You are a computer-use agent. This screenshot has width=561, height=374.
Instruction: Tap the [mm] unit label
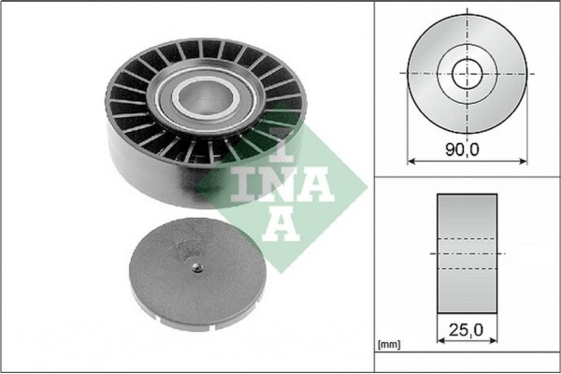(x=387, y=345)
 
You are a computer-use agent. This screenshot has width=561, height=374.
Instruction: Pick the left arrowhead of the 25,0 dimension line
(x=440, y=342)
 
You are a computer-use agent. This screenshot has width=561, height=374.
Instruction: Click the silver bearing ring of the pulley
(x=178, y=93)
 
